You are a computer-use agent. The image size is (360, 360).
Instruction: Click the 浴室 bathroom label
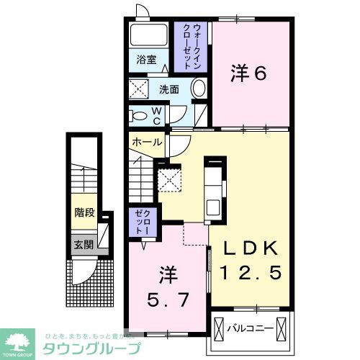point(147,60)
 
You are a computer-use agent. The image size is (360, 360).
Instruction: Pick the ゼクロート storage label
point(140,223)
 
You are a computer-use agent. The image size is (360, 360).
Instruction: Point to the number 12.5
point(249,273)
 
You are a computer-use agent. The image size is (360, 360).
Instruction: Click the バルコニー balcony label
point(251,328)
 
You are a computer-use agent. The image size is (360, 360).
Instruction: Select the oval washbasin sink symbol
point(199,89)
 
